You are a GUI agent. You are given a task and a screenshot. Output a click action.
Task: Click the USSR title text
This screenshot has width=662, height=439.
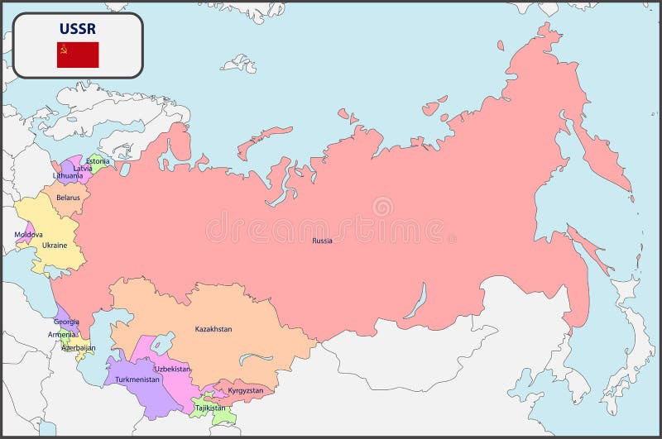(x=77, y=29)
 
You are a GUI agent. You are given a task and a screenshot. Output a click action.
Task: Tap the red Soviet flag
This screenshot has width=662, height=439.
(x=78, y=55)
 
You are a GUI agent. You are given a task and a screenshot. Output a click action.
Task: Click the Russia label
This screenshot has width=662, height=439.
(x=322, y=241)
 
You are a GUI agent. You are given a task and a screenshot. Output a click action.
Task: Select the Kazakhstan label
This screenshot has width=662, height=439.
(x=213, y=329)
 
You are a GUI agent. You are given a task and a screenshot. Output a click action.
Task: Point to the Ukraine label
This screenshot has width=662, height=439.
(x=55, y=245)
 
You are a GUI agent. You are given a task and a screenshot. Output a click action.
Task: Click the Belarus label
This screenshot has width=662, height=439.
(x=69, y=198)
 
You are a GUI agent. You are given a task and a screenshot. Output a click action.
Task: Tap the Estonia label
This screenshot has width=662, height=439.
(x=98, y=161)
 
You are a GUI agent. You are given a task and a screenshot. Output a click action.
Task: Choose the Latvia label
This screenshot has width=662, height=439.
(x=83, y=169)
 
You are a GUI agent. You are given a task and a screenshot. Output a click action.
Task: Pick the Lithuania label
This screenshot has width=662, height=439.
(x=68, y=176)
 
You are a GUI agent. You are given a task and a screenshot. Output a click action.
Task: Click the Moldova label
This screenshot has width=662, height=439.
(x=28, y=235)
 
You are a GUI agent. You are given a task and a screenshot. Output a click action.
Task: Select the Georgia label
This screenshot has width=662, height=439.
(x=66, y=322)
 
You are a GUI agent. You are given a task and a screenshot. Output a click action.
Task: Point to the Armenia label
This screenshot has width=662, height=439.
(x=61, y=335)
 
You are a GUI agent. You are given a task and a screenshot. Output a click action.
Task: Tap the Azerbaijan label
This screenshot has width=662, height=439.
(x=78, y=348)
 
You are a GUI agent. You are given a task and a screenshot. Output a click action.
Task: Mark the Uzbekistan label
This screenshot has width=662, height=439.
(x=172, y=369)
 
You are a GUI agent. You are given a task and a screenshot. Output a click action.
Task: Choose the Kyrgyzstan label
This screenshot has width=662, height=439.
(x=246, y=390)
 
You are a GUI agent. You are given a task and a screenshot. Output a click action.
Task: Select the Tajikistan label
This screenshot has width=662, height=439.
(x=209, y=408)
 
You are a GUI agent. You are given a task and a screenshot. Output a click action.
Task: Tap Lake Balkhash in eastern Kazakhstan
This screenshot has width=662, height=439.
(x=256, y=358)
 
